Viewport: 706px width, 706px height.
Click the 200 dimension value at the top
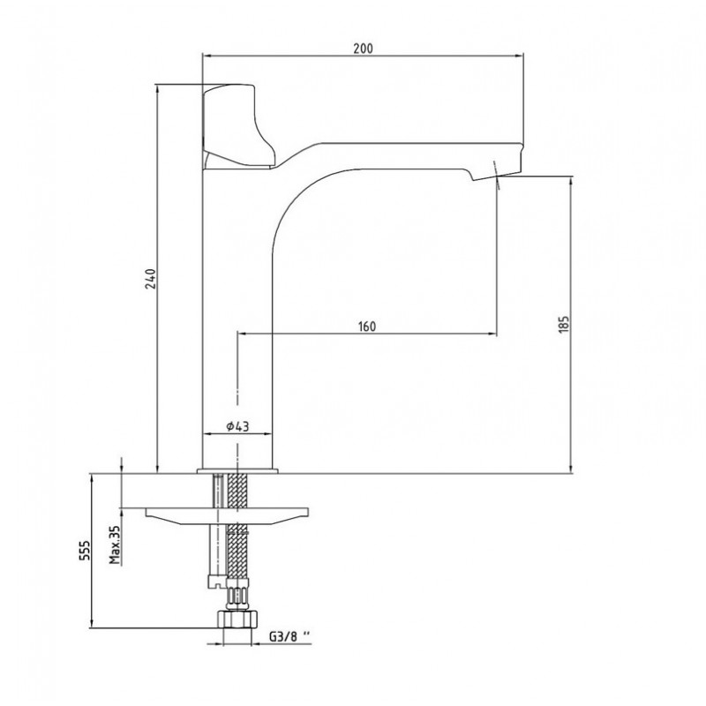(363, 49)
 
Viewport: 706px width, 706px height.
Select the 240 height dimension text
(151, 279)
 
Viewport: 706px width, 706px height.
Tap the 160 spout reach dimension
(367, 326)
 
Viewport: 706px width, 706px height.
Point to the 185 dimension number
(564, 324)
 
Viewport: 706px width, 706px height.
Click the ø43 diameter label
(237, 426)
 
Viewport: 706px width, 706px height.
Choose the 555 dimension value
(85, 550)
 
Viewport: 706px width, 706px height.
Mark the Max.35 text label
(116, 545)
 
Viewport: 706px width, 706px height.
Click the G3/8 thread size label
(290, 636)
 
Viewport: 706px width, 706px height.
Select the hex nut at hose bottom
(237, 619)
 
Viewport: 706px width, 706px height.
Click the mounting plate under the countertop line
(228, 515)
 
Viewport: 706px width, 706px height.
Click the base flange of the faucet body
(237, 471)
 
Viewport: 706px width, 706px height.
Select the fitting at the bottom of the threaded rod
(217, 581)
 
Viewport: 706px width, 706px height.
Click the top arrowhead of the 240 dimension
(157, 88)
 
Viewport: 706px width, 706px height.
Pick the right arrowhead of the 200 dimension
(519, 56)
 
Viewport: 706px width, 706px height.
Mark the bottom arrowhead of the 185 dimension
(571, 469)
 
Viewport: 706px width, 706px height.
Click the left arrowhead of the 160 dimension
(242, 334)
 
